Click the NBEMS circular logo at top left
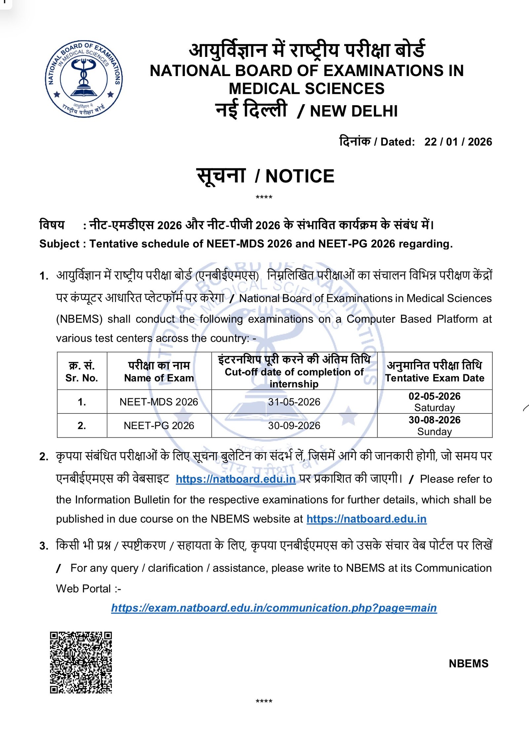(84, 79)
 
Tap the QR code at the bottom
(81, 662)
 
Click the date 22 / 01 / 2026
(458, 142)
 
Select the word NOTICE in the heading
(300, 176)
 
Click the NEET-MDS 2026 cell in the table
(159, 402)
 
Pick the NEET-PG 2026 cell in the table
(159, 425)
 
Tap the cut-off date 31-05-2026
(294, 402)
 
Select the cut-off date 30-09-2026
(294, 425)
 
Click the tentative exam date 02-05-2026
(434, 396)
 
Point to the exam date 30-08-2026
(434, 420)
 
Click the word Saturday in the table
(434, 408)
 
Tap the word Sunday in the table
(434, 432)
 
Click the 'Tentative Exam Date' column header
(434, 378)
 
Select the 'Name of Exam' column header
(159, 378)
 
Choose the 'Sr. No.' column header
(82, 378)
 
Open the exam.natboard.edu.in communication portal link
(274, 608)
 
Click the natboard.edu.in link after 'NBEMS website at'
(366, 519)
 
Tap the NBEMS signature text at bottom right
(468, 663)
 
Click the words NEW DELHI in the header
(353, 111)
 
